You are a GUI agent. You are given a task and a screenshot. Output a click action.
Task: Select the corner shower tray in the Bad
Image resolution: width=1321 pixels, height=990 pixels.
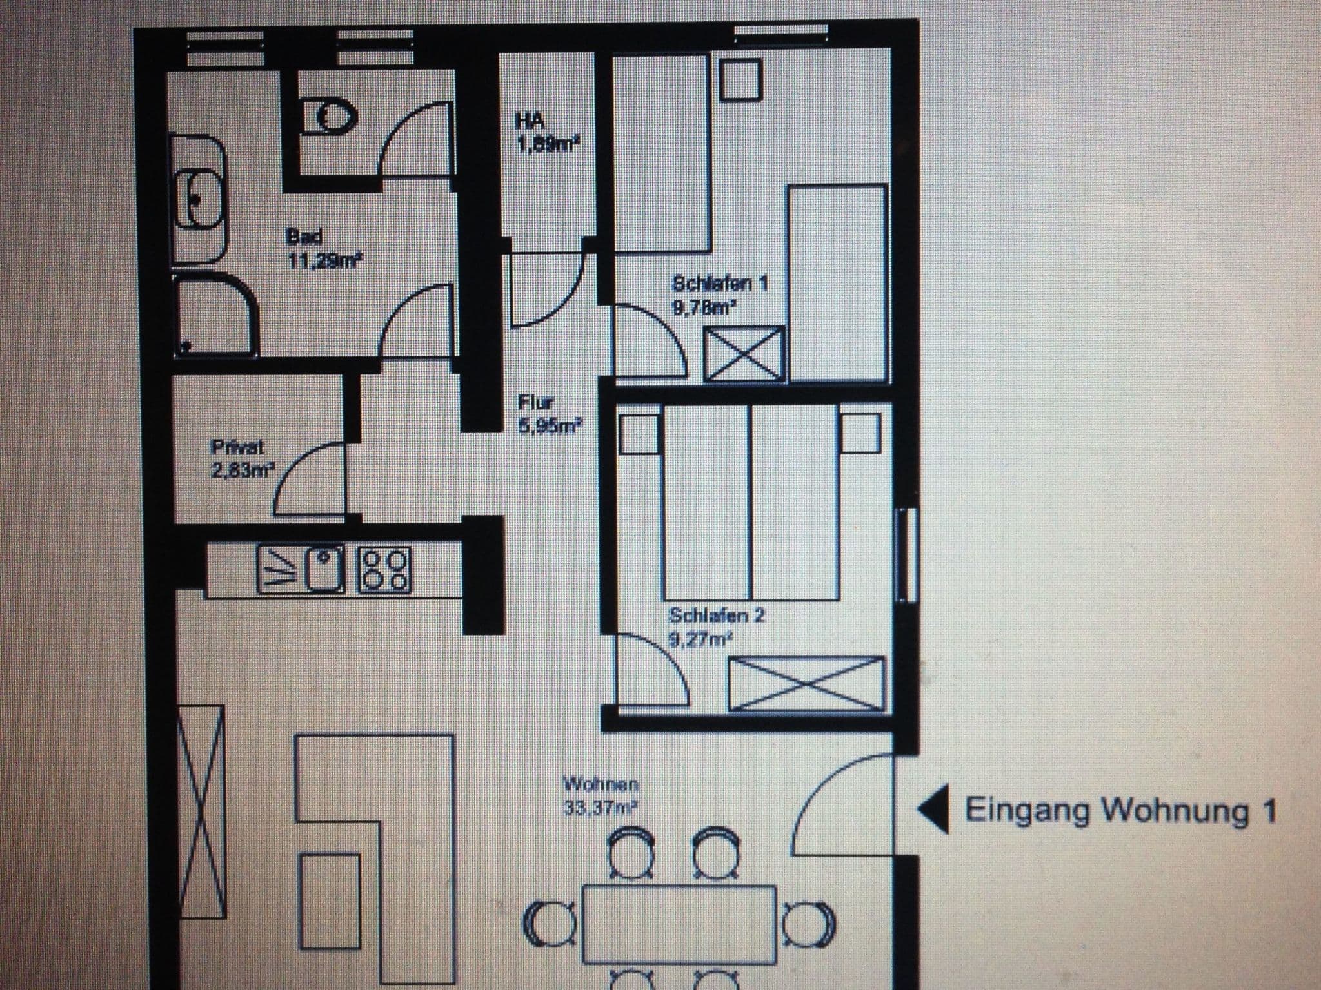[215, 316]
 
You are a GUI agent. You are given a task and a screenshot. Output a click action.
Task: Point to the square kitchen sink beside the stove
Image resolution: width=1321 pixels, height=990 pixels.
[323, 570]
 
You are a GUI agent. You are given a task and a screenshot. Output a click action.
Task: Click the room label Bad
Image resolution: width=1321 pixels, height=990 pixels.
[304, 237]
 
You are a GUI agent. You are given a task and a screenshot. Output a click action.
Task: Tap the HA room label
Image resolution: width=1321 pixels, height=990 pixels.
[530, 121]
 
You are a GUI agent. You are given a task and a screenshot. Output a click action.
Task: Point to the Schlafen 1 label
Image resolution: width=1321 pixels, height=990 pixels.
[719, 284]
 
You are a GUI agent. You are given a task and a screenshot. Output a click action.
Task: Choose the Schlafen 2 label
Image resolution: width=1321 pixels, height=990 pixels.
[717, 616]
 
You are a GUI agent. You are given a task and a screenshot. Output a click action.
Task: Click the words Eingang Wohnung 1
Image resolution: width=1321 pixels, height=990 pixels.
[1120, 811]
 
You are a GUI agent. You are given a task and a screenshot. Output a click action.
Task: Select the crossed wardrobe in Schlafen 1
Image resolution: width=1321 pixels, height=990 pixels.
[743, 353]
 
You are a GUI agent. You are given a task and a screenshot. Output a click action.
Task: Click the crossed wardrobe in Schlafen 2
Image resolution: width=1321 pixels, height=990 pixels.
[806, 684]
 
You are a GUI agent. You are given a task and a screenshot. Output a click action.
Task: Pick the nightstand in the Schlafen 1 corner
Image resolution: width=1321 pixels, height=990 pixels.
[740, 80]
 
